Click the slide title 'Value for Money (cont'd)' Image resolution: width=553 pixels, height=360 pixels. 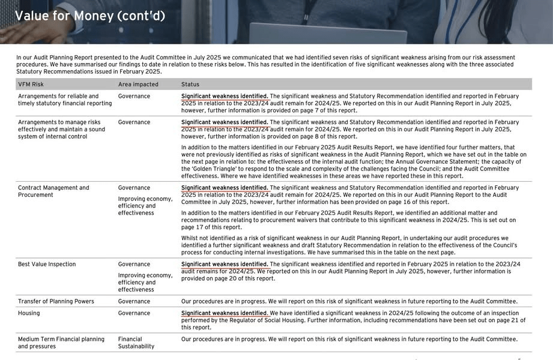90,16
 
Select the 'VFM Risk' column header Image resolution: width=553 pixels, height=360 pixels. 31,85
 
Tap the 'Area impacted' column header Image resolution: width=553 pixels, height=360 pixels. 138,85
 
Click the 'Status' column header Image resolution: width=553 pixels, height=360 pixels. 190,85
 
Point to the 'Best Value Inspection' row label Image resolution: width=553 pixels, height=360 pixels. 47,264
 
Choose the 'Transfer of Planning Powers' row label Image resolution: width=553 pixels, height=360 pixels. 56,301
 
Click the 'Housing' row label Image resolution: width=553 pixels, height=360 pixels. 29,313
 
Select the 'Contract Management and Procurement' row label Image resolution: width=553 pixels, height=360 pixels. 53,191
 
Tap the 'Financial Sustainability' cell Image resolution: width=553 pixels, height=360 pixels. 136,343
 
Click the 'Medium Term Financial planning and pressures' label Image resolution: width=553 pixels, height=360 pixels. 61,343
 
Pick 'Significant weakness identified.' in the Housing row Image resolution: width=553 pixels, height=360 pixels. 225,313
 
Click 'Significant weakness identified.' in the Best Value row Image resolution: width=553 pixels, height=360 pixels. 225,264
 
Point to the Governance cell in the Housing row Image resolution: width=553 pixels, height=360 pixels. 134,313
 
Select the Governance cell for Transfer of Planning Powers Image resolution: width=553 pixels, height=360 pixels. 134,301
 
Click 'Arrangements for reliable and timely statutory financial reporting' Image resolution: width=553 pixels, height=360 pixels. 65,100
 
